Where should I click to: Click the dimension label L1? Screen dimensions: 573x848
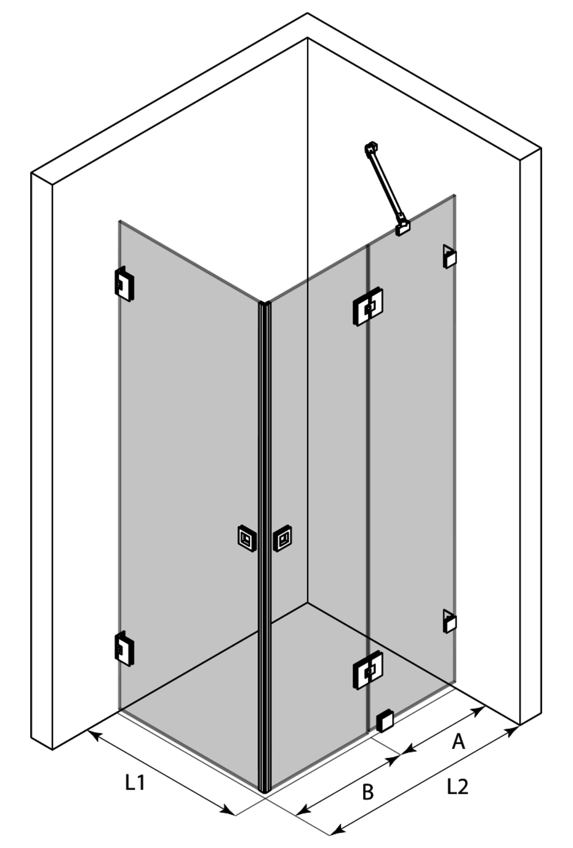point(135,782)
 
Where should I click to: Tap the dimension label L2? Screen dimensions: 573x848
point(458,786)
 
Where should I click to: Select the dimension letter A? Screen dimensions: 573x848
point(458,741)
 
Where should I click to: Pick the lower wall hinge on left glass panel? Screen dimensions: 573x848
point(124,648)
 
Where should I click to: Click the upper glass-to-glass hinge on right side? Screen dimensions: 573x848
point(368,307)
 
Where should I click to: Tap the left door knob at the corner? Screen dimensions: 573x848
point(247,537)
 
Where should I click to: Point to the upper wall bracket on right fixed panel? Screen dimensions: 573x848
point(450,256)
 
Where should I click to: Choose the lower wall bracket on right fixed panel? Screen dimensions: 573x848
point(450,621)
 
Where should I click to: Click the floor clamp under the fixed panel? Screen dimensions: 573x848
point(385,722)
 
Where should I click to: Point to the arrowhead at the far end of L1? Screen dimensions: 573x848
point(228,810)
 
